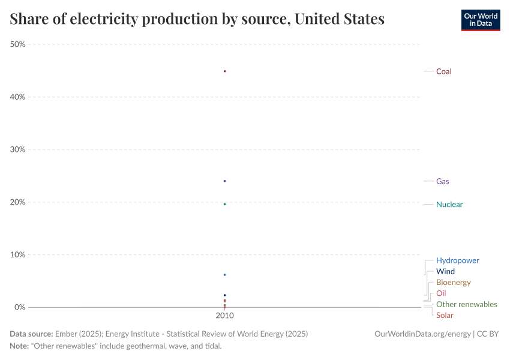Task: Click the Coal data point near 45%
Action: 224,71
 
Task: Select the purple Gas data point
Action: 224,181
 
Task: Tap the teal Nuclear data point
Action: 224,204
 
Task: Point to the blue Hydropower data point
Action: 224,275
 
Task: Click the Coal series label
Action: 443,71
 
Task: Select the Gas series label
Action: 442,181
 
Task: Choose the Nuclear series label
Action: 449,205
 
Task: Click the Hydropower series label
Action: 457,260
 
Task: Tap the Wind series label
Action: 445,272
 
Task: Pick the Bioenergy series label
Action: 453,283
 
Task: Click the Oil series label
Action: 441,293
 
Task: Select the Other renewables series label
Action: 466,304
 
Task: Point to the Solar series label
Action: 445,316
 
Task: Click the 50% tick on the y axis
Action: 17,44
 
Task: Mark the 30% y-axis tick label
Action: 17,149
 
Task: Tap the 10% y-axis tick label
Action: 17,254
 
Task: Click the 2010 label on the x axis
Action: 224,316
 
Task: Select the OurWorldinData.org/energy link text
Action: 422,334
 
